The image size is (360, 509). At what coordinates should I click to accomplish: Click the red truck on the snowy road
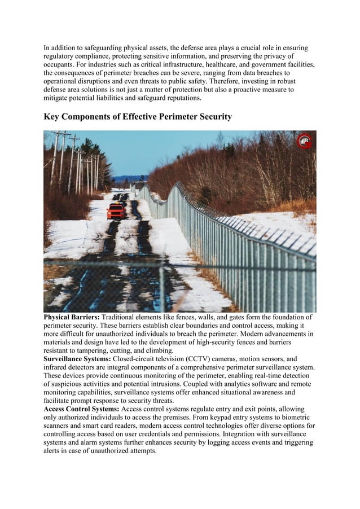116,212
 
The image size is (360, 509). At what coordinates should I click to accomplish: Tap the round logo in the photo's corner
305,141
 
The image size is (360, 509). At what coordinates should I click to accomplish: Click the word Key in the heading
54,117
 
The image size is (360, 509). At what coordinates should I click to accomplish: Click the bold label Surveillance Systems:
78,359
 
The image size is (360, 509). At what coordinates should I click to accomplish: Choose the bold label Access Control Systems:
81,409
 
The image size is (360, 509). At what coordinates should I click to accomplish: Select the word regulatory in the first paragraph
63,57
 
